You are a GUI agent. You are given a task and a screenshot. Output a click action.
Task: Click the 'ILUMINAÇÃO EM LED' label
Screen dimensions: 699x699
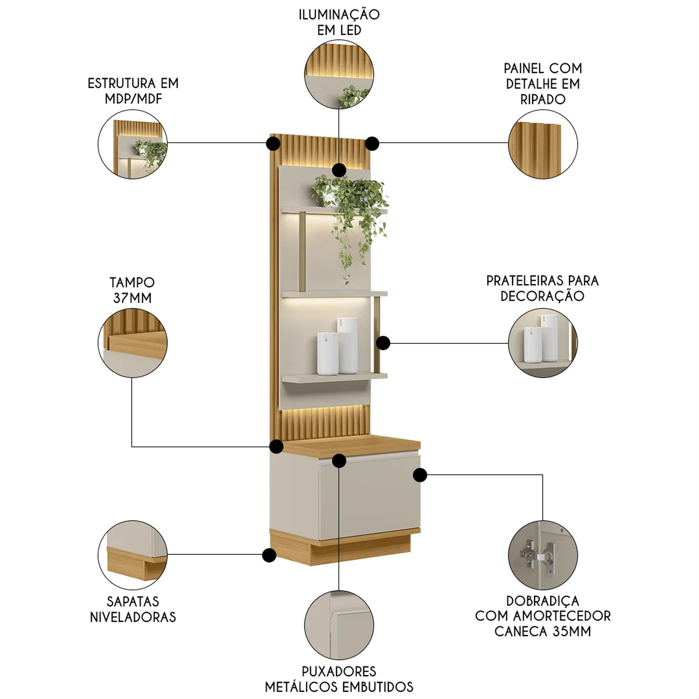(339, 22)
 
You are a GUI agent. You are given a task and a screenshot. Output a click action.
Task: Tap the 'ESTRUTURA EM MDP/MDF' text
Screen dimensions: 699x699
(133, 91)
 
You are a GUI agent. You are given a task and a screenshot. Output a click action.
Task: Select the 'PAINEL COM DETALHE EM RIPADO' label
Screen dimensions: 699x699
(543, 84)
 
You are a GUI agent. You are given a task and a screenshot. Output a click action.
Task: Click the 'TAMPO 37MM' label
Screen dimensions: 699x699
(132, 290)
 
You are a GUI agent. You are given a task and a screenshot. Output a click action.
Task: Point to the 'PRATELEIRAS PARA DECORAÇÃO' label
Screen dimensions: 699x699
(542, 288)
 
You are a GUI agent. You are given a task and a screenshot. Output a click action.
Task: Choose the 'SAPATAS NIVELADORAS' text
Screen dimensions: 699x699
(133, 609)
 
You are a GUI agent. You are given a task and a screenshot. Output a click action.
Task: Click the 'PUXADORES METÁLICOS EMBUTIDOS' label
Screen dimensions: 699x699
(339, 679)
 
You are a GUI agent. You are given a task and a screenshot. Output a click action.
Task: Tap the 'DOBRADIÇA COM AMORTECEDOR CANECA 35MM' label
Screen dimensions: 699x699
(542, 616)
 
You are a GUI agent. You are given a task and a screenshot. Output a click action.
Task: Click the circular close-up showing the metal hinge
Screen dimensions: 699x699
(543, 555)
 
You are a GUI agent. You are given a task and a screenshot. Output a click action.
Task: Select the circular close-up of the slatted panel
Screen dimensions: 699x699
(543, 144)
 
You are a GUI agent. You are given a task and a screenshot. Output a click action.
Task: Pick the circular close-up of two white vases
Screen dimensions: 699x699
(543, 343)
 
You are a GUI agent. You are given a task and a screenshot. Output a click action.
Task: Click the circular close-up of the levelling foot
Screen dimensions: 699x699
(133, 555)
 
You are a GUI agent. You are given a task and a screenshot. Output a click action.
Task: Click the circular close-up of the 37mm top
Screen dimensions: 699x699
(133, 343)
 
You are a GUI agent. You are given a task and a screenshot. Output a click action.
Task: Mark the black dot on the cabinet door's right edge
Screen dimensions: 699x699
(420, 475)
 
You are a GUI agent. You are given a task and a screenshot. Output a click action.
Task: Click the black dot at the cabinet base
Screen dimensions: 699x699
(269, 555)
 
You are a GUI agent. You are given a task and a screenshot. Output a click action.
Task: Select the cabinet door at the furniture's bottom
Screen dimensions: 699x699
(368, 494)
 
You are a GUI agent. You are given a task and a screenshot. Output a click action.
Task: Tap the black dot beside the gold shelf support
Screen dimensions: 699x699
(383, 343)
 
